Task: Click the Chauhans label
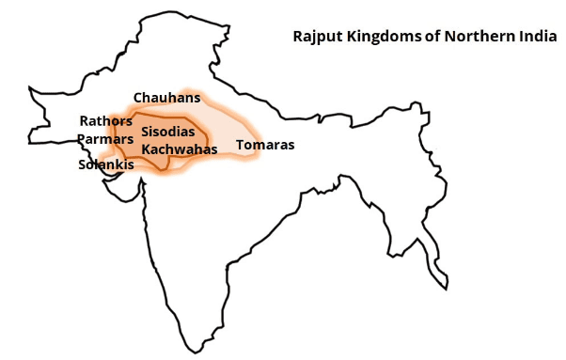pos(167,98)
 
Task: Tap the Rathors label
pos(106,121)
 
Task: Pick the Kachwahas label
pos(180,149)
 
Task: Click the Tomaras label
pos(265,146)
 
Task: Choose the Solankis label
pos(105,164)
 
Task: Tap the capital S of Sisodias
pos(146,133)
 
